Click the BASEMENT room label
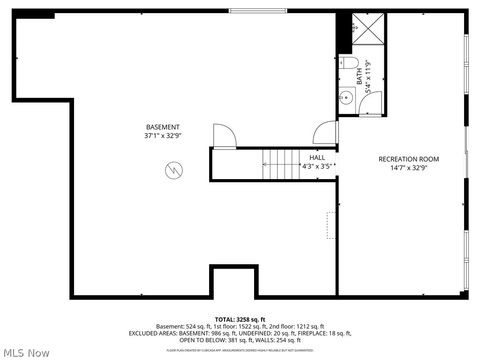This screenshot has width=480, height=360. (163, 127)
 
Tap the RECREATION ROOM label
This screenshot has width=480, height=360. (408, 159)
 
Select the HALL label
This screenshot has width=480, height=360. (317, 158)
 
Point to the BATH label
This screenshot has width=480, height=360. (358, 72)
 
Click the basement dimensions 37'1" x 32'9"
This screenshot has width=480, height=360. (163, 136)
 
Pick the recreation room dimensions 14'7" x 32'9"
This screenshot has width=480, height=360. (408, 168)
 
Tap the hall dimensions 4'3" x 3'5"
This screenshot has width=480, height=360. (317, 166)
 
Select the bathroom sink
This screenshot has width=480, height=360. (345, 98)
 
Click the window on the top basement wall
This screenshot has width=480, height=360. (254, 12)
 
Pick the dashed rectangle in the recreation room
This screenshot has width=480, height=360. (331, 225)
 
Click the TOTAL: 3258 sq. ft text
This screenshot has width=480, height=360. (239, 318)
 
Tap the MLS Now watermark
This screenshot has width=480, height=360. (27, 352)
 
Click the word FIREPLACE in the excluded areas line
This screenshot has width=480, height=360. (385, 333)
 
